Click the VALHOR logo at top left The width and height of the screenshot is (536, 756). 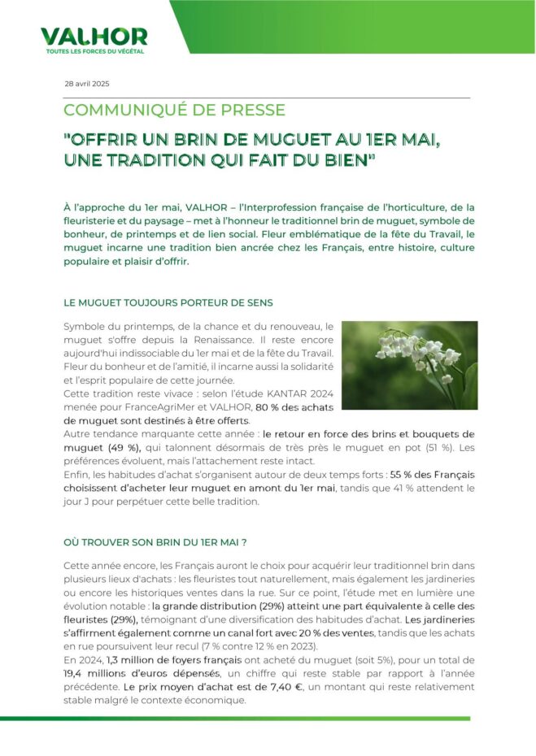(94, 37)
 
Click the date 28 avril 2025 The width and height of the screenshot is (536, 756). (86, 85)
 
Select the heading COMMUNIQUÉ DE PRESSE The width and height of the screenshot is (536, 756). (174, 110)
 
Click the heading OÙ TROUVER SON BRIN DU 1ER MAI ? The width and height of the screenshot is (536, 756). (155, 541)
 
